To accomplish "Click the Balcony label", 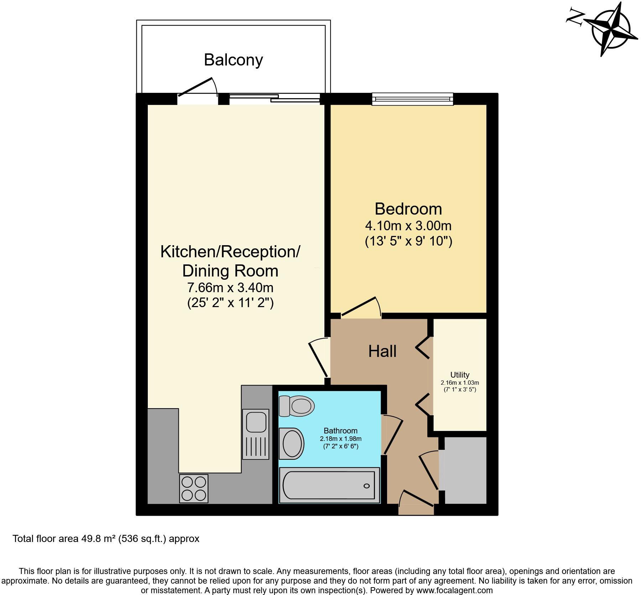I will [x=233, y=60].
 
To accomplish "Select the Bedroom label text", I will [x=408, y=209].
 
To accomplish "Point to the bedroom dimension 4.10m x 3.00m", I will [x=408, y=226].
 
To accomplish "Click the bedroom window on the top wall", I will [x=412, y=99].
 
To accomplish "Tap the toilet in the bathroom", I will [x=296, y=406].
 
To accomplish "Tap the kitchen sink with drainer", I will [x=255, y=434].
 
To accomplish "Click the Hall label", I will [x=382, y=352].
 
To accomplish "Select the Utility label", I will [x=460, y=375].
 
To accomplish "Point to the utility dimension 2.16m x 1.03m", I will [x=460, y=383].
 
